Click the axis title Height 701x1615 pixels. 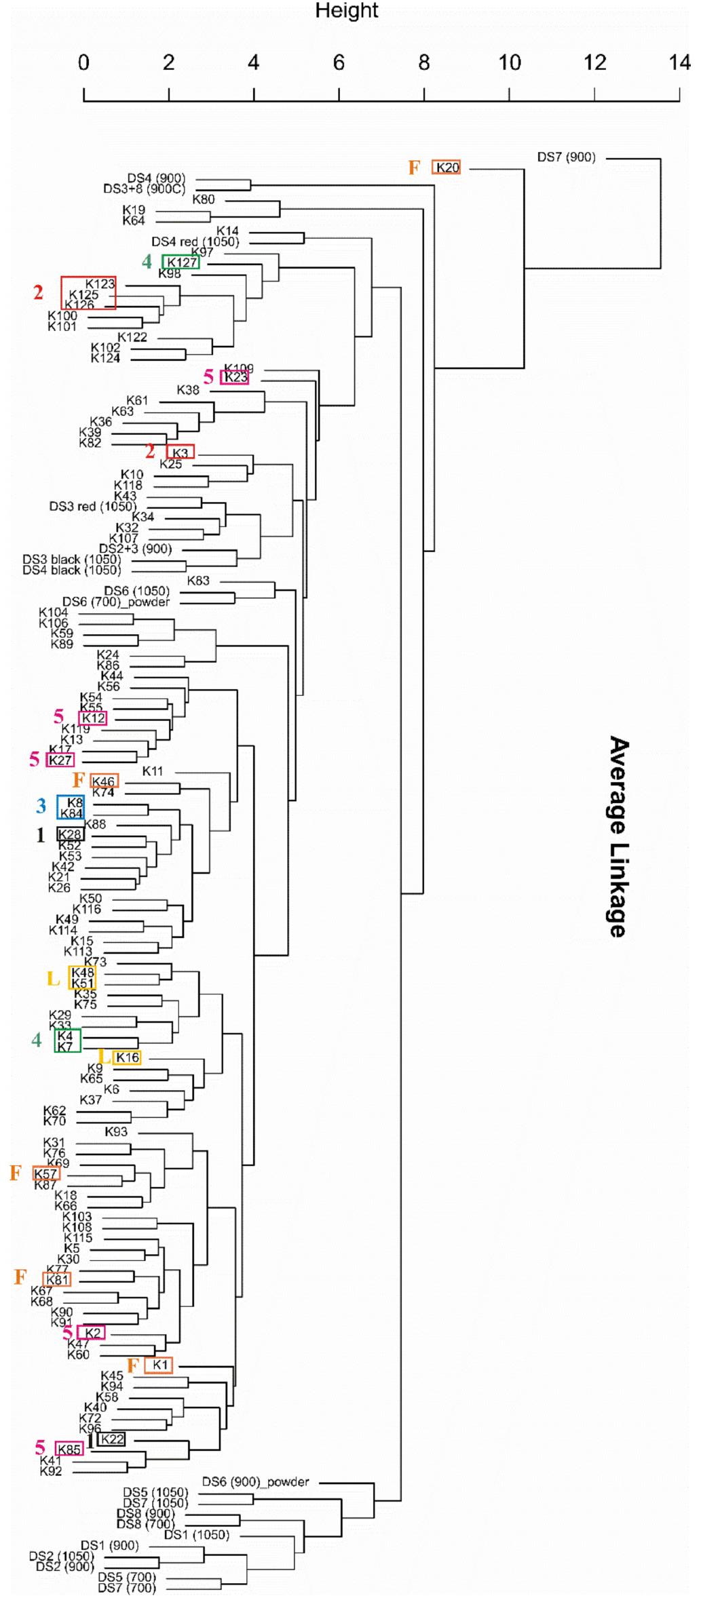[x=346, y=11]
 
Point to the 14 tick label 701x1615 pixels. [x=679, y=63]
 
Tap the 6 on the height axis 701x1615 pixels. [x=339, y=63]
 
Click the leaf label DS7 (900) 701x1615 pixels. [x=566, y=157]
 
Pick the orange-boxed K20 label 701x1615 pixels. [x=447, y=168]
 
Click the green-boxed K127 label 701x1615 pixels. [x=181, y=262]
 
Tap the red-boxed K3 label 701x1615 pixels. [x=180, y=453]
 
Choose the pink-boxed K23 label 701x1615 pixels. [x=235, y=378]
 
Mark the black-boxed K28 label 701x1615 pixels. [x=69, y=834]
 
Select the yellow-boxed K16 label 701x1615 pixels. [x=127, y=1057]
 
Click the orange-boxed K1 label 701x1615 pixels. [x=159, y=1365]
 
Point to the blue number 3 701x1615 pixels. [x=41, y=806]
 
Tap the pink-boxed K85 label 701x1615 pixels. [x=69, y=1449]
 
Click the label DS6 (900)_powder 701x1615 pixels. [x=255, y=1481]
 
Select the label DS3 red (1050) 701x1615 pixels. [x=92, y=506]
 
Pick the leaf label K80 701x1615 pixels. [x=203, y=199]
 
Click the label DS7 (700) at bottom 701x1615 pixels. [x=127, y=1588]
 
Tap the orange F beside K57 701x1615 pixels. [x=15, y=1173]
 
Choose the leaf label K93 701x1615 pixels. [x=116, y=1131]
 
